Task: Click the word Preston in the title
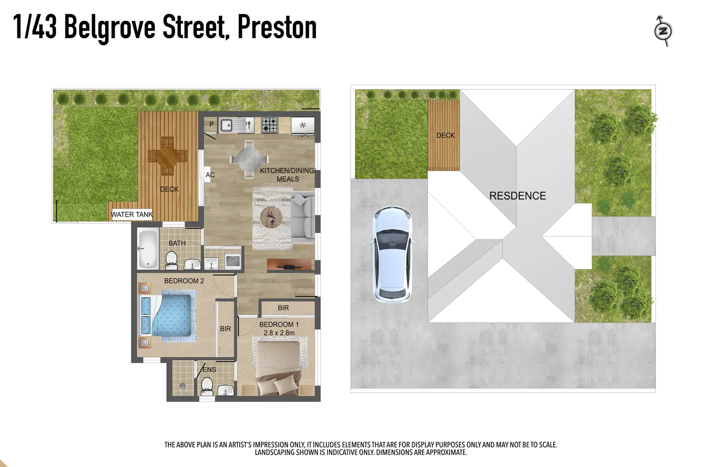277,28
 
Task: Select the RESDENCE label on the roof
518,196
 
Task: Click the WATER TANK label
132,214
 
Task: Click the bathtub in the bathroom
148,249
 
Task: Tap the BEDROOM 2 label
184,281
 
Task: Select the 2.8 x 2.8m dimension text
279,333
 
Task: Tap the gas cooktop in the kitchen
269,125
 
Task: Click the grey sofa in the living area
303,215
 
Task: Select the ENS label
209,370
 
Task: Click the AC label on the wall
210,175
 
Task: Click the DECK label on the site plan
445,135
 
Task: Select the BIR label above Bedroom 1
283,308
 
